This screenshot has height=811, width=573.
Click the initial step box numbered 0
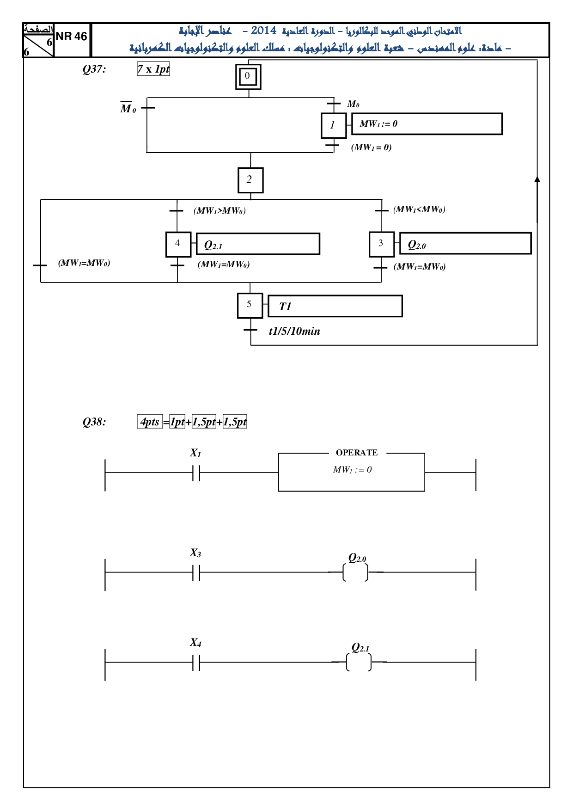248,76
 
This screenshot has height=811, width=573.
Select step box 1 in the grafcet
334,125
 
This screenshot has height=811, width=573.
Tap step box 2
250,180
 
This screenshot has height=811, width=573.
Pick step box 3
382,244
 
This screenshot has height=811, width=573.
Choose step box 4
178,244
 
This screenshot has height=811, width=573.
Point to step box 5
250,306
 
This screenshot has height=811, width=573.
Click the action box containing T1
335,306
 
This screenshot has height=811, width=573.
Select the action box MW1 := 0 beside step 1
427,124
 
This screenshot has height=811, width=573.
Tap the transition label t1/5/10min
294,331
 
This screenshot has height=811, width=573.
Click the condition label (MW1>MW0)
219,211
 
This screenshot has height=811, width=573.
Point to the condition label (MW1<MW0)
419,209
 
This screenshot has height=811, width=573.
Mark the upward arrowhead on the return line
537,179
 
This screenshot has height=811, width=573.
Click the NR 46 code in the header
71,37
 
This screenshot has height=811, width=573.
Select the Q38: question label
94,422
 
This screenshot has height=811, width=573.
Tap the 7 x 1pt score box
153,69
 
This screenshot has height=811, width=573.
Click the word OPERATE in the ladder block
357,453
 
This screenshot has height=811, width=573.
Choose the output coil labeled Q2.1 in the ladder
359,662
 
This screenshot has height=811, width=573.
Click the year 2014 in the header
264,31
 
